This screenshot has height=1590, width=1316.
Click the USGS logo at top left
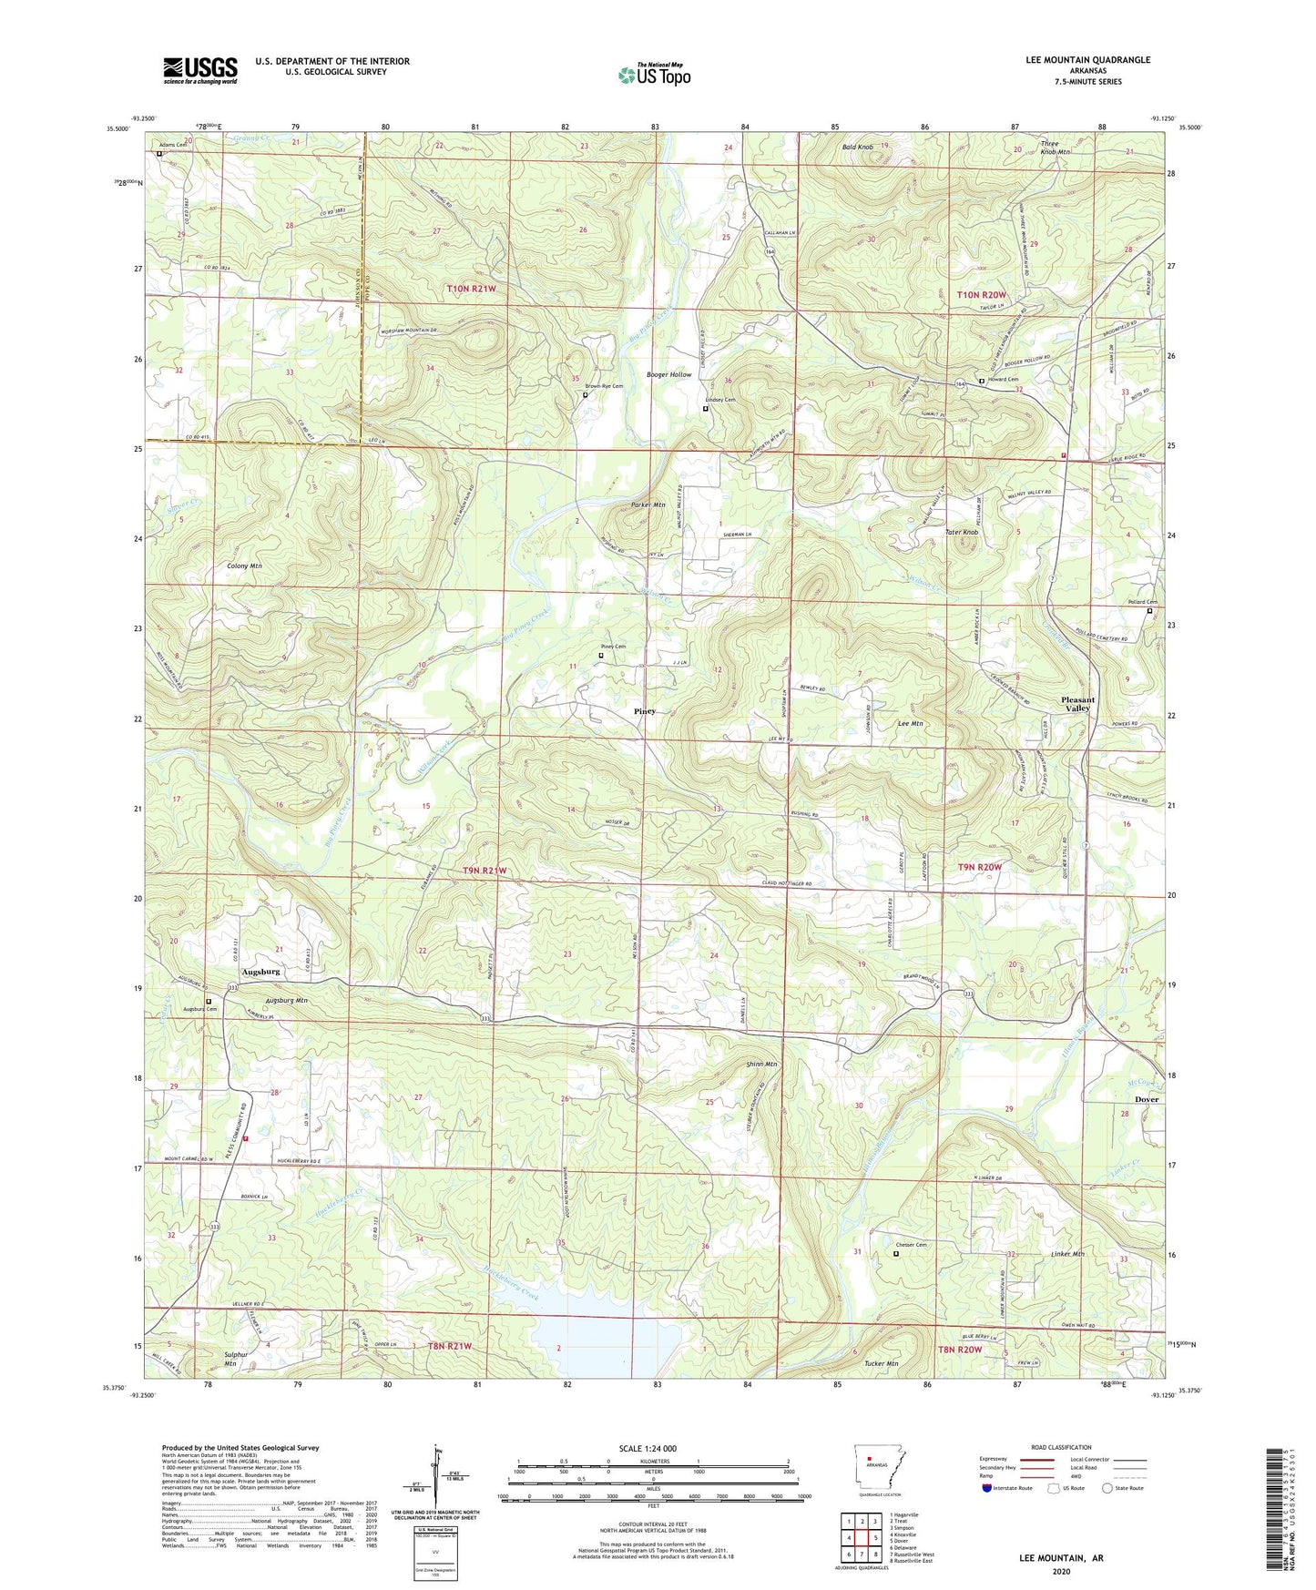[199, 70]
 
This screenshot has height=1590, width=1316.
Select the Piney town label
[645, 711]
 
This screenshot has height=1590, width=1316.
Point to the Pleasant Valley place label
[1077, 704]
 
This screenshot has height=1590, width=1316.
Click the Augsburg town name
[260, 972]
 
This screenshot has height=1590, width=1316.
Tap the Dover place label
[1147, 1099]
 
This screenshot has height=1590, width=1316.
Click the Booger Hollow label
[668, 374]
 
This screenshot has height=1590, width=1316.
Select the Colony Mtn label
[244, 566]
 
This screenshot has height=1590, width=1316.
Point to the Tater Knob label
[962, 532]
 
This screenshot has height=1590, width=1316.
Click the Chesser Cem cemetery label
[911, 1245]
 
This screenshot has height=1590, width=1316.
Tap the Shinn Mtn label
[760, 1064]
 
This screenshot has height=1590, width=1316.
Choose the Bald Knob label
[858, 147]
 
